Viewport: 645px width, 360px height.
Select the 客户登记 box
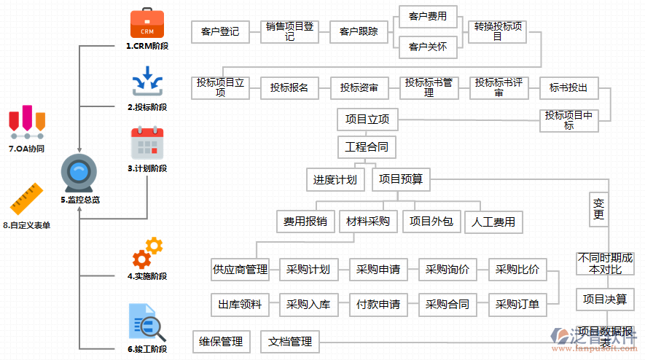(219, 32)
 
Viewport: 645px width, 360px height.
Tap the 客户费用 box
(428, 17)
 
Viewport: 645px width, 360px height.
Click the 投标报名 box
(289, 88)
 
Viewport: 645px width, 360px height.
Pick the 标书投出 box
(568, 88)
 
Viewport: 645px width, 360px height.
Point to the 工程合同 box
(367, 147)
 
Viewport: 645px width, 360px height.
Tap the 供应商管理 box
(240, 270)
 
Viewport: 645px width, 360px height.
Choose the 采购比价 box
(517, 270)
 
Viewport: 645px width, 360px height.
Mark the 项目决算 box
(604, 300)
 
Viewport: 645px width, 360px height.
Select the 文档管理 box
(289, 342)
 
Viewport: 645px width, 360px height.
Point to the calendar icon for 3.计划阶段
(146, 143)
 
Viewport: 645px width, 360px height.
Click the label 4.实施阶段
(146, 276)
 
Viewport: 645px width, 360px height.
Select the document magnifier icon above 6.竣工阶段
(146, 323)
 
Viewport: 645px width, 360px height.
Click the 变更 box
(599, 209)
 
